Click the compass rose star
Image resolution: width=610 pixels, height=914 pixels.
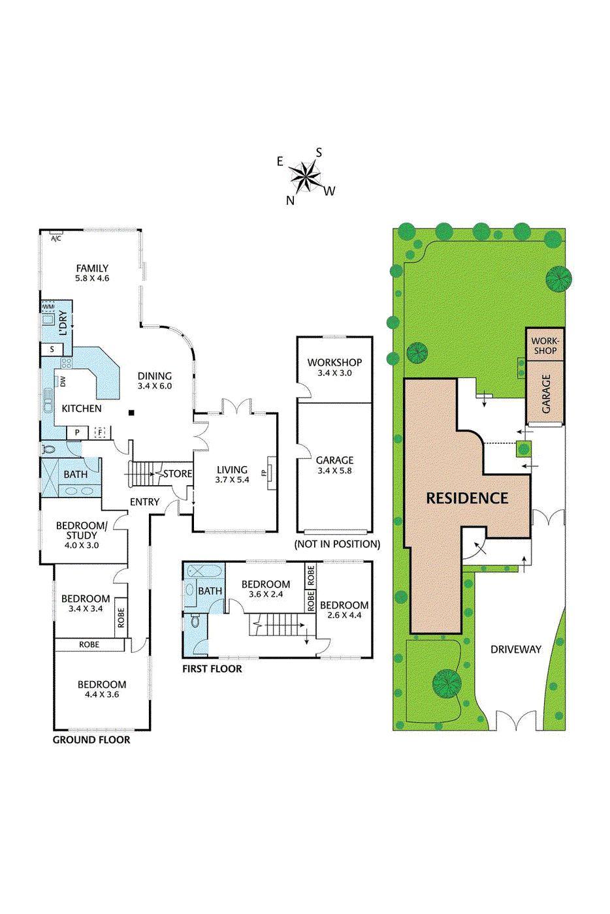(304, 176)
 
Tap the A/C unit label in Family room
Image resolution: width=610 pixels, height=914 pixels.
(56, 238)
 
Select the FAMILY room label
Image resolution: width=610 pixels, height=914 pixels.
(92, 268)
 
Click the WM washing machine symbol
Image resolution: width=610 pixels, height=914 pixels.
(48, 306)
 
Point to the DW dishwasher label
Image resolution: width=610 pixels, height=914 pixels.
(63, 381)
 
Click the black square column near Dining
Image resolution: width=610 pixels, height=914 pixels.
(131, 413)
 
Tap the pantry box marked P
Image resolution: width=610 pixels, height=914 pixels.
(77, 432)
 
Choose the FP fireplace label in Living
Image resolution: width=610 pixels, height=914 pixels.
(264, 472)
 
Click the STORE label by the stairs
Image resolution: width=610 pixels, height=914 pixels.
(178, 474)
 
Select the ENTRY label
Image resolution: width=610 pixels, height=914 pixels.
(144, 502)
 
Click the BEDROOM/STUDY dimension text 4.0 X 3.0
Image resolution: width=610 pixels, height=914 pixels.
(82, 545)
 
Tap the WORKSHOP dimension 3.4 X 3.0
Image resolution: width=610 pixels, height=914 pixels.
(334, 373)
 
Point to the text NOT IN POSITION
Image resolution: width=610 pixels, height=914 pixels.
(337, 544)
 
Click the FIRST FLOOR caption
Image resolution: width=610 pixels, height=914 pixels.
(212, 669)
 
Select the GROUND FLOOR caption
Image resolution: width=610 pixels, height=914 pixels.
(91, 740)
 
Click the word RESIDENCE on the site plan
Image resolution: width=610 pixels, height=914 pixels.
(467, 498)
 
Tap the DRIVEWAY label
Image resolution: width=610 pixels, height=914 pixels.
(516, 650)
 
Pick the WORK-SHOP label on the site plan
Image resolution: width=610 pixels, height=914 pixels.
(545, 345)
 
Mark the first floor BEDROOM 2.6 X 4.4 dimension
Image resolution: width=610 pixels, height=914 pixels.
(344, 615)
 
